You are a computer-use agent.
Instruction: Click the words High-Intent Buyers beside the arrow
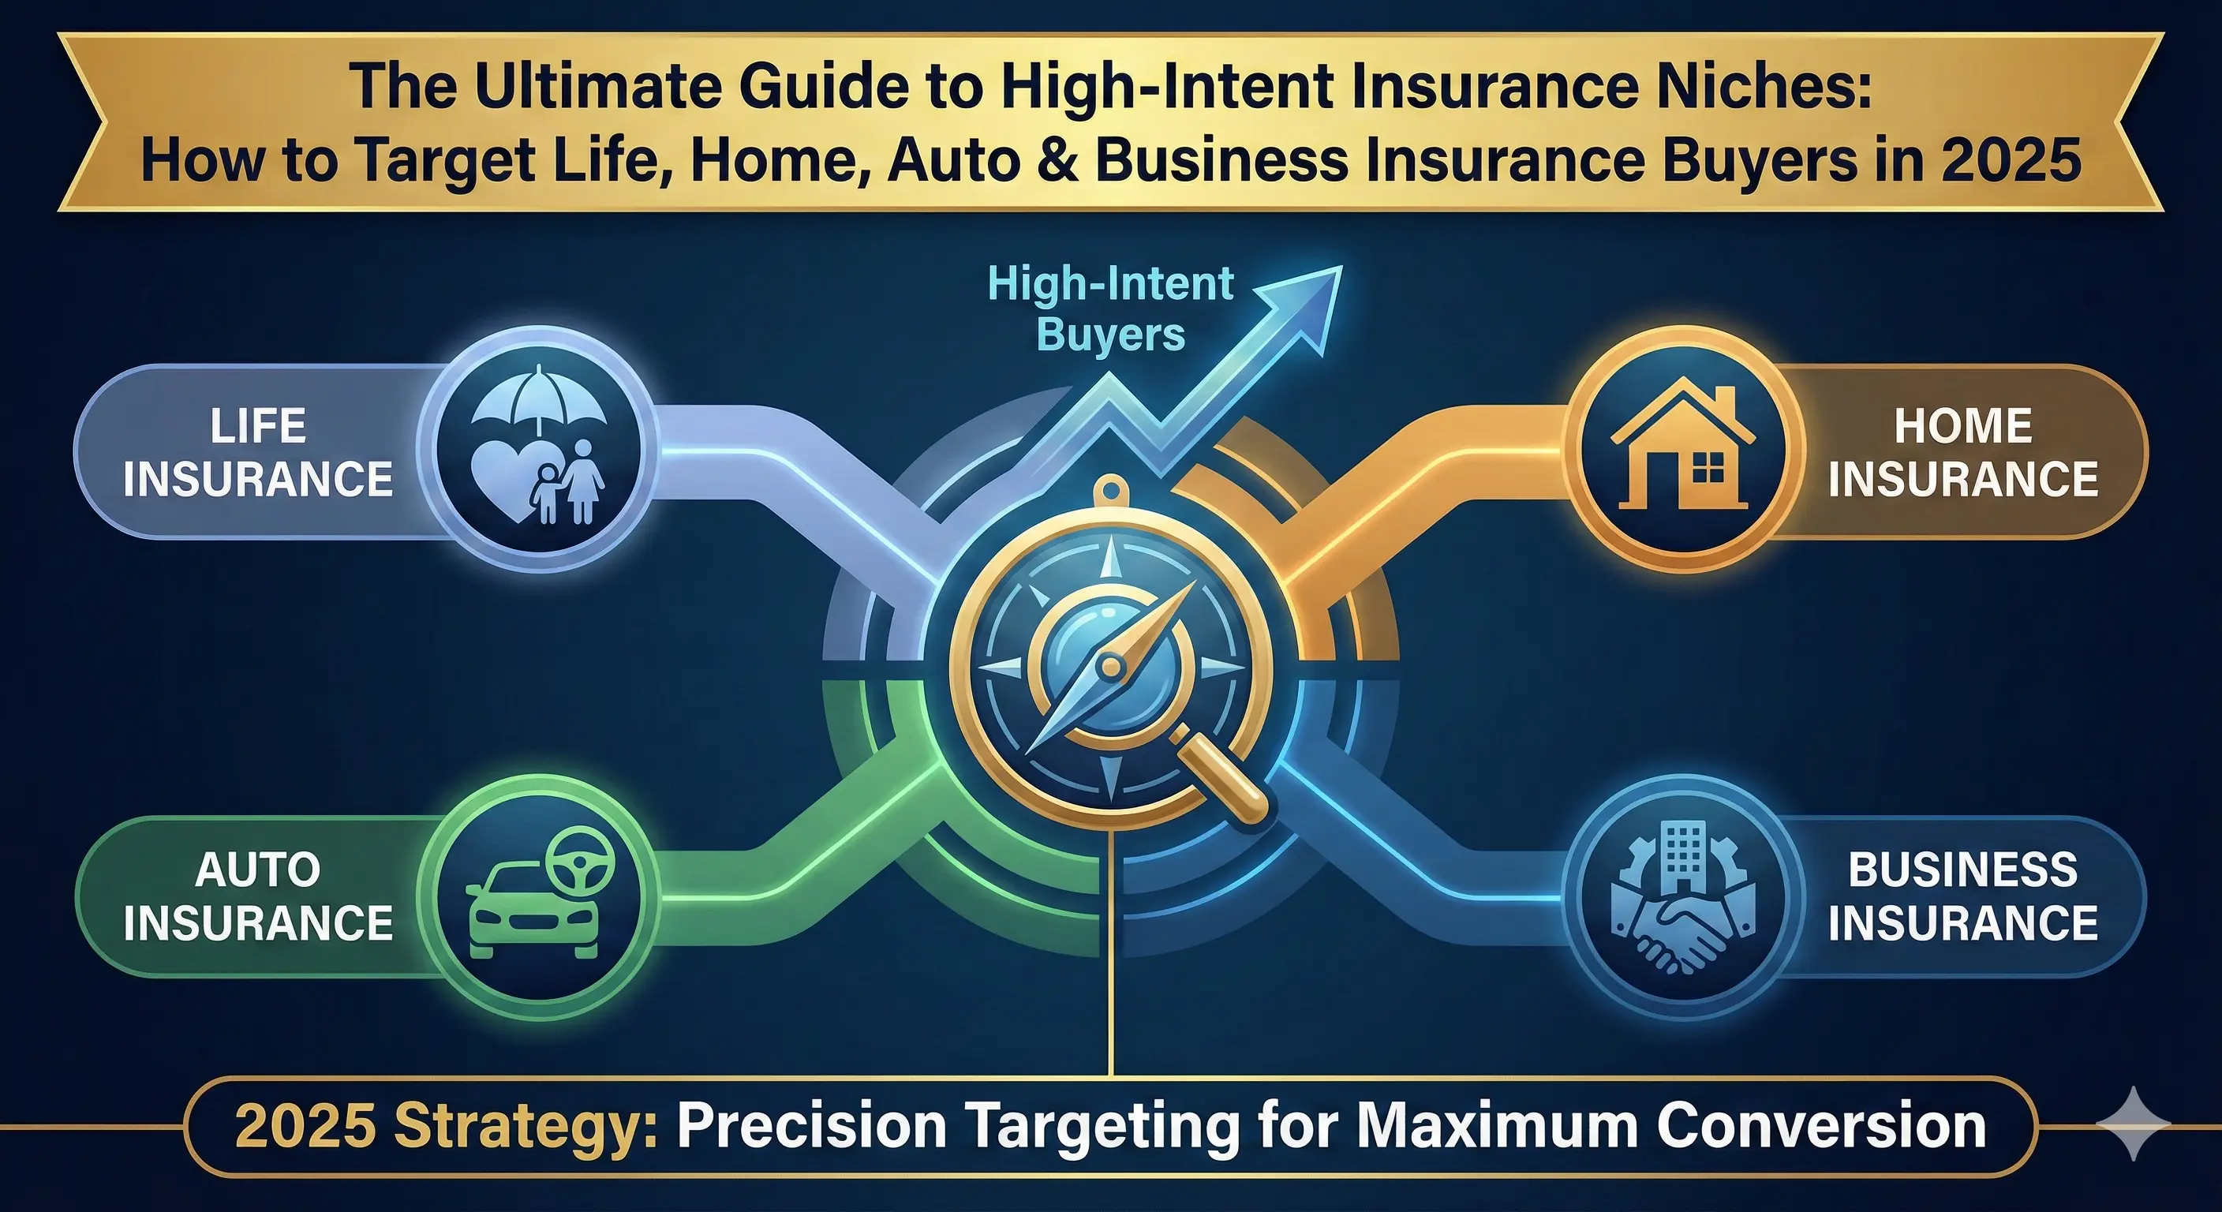pyautogui.click(x=1111, y=309)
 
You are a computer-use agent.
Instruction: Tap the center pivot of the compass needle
pyautogui.click(x=1110, y=666)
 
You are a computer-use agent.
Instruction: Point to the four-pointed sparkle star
pyautogui.click(x=2132, y=1123)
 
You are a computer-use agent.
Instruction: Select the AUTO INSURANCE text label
pyautogui.click(x=258, y=896)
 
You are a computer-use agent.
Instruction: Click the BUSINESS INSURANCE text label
pyautogui.click(x=1963, y=896)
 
